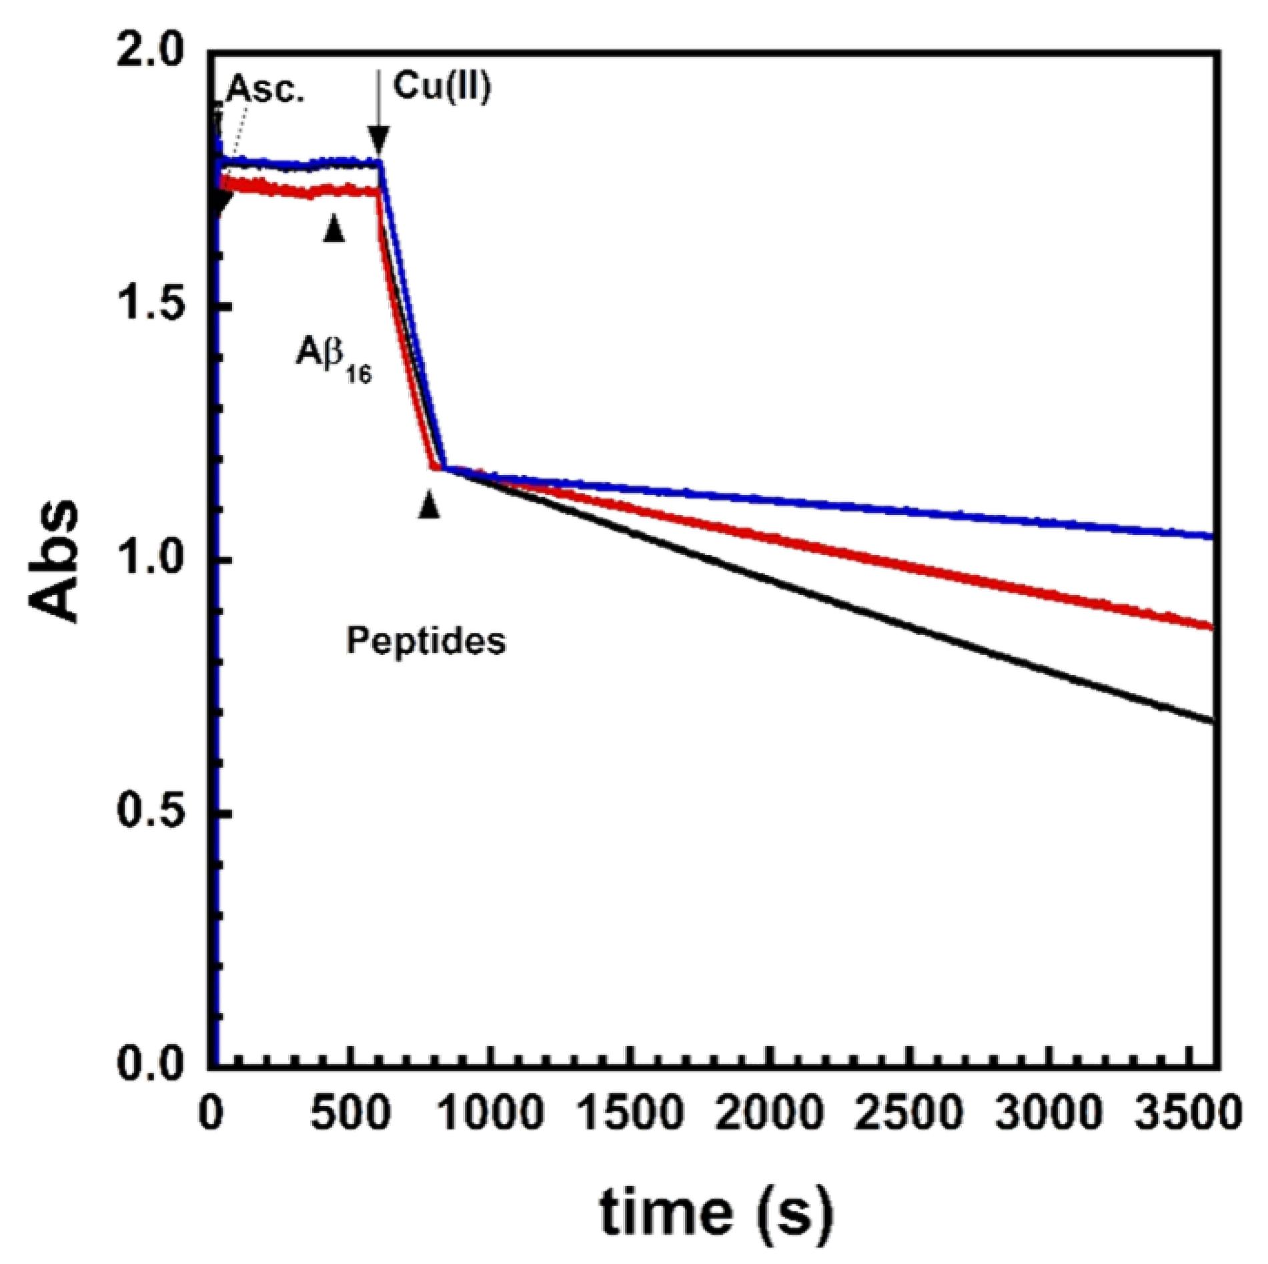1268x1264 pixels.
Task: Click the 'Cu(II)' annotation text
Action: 442,86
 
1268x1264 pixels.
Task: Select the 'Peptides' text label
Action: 426,641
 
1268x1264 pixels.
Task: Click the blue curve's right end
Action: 1211,536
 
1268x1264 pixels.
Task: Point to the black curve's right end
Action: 1211,721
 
